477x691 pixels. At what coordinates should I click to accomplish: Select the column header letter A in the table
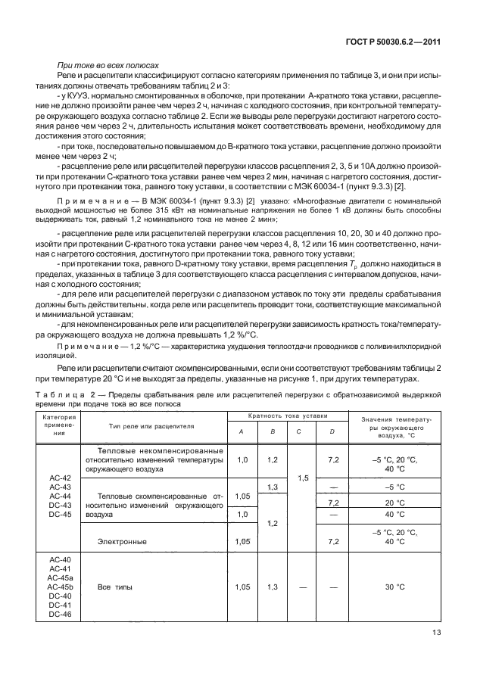(x=242, y=431)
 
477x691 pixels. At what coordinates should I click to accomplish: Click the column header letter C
(x=300, y=431)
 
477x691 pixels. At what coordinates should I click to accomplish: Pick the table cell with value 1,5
(x=301, y=479)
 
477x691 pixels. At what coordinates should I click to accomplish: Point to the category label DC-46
(x=59, y=614)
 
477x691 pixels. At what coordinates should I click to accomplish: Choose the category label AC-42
(x=59, y=478)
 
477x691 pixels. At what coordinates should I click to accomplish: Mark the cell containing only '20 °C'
(x=391, y=502)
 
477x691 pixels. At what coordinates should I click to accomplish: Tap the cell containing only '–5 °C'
(x=391, y=487)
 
